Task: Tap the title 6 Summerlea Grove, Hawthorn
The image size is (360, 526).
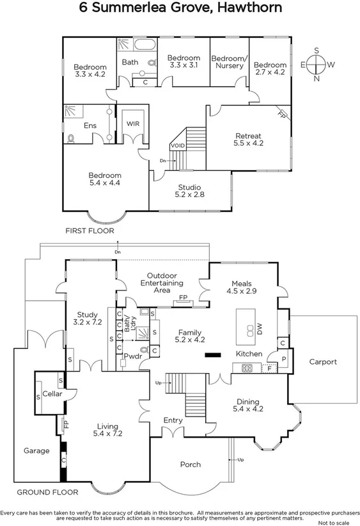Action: tap(180, 8)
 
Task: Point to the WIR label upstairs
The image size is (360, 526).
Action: tap(133, 124)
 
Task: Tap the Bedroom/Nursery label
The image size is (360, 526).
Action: tap(230, 62)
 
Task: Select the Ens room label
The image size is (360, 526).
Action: tap(90, 125)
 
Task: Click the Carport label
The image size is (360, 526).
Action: tap(323, 362)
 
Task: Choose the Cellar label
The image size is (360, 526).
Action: tap(51, 394)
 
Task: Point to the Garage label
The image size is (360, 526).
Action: tap(36, 450)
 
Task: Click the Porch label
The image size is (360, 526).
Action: tap(190, 464)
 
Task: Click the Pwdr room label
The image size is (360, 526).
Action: tap(132, 356)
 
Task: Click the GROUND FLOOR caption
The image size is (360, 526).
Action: tap(47, 492)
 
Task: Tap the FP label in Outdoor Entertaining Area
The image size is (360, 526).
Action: tap(183, 298)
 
